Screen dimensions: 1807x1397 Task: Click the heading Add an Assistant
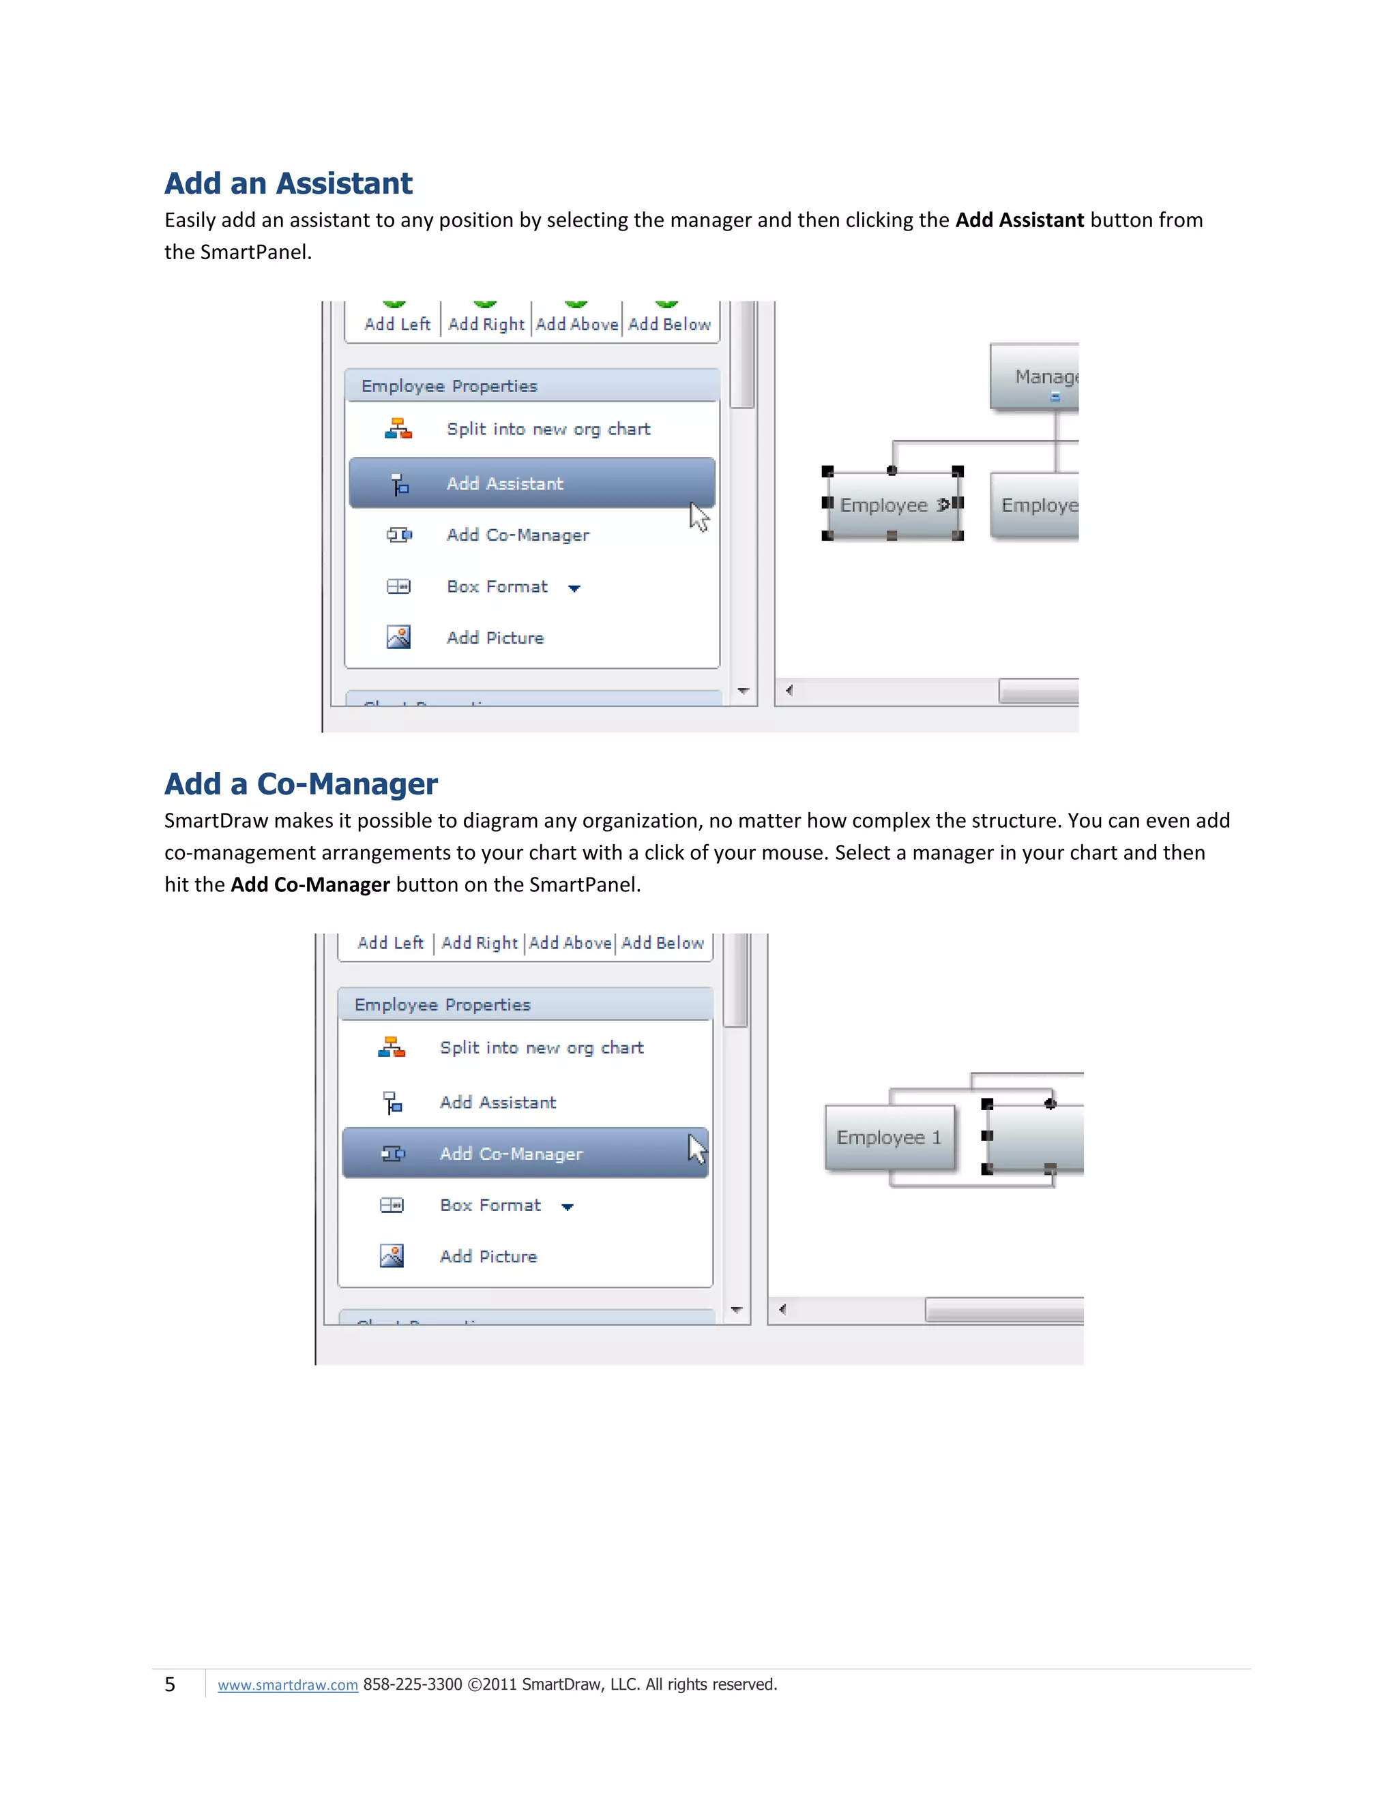[x=288, y=183]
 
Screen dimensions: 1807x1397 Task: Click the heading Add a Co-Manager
[x=300, y=783]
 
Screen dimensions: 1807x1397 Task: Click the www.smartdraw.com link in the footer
[x=287, y=1684]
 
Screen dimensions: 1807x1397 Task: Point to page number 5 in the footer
[x=170, y=1684]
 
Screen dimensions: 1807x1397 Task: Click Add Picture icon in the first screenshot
[x=398, y=637]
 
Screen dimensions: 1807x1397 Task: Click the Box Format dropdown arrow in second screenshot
[x=568, y=1207]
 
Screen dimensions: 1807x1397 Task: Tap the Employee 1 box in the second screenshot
[x=889, y=1137]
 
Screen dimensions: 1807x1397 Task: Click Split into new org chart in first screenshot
[x=548, y=430]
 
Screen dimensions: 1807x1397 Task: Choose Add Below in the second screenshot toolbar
[x=662, y=943]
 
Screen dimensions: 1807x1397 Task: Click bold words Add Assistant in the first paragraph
[x=1019, y=220]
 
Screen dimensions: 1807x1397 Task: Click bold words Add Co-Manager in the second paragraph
[x=310, y=884]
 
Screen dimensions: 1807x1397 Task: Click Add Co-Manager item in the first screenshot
[x=517, y=535]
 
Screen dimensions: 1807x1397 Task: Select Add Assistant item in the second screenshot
[x=497, y=1102]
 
